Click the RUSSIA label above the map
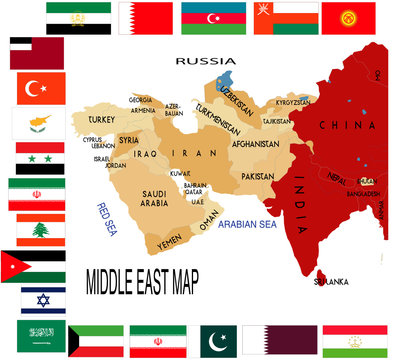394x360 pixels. pos(205,61)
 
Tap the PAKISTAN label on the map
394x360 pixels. pos(257,176)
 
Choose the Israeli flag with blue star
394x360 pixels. pos(43,300)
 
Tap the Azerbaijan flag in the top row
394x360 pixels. pos(211,17)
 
